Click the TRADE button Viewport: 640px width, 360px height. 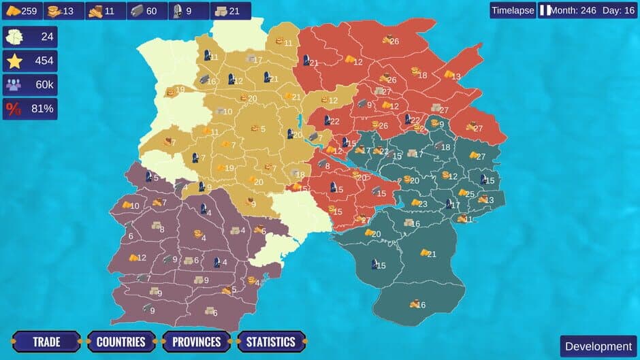[x=46, y=342]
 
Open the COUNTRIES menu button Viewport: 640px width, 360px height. [x=121, y=342]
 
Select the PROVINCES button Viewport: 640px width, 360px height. [x=196, y=342]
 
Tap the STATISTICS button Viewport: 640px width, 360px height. [x=270, y=342]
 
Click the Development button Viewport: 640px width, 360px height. [x=598, y=346]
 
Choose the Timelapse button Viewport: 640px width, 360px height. [x=513, y=10]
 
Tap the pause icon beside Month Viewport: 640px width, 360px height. [x=545, y=11]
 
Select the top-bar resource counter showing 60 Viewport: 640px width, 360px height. [x=146, y=11]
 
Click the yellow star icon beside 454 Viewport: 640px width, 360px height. [x=14, y=61]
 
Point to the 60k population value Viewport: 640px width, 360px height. [x=44, y=84]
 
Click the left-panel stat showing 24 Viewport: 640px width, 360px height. [x=47, y=37]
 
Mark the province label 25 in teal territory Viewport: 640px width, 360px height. [x=470, y=193]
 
